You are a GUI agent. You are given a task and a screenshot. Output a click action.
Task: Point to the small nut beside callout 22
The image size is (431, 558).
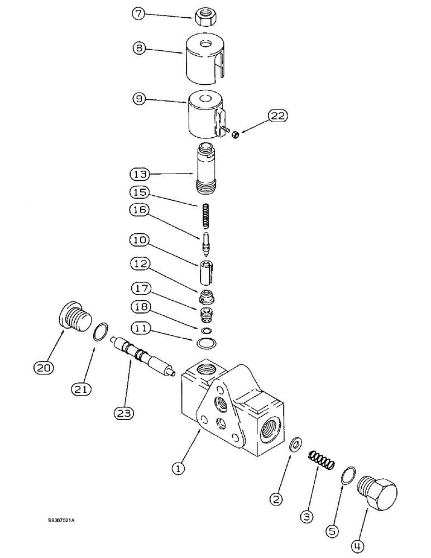(236, 133)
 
